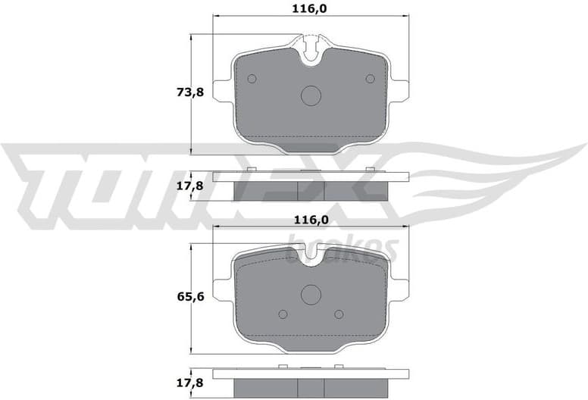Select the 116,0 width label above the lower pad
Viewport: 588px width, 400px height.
coord(311,220)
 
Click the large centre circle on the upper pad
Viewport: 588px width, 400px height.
coord(311,95)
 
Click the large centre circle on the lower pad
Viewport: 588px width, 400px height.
coord(311,294)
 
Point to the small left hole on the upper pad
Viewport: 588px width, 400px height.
coord(252,79)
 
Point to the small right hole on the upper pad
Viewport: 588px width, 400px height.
coord(371,79)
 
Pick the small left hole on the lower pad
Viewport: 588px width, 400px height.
coord(283,314)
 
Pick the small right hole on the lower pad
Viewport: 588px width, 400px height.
coord(340,314)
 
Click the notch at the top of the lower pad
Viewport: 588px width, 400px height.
coord(311,258)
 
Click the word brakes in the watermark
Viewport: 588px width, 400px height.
coord(345,248)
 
